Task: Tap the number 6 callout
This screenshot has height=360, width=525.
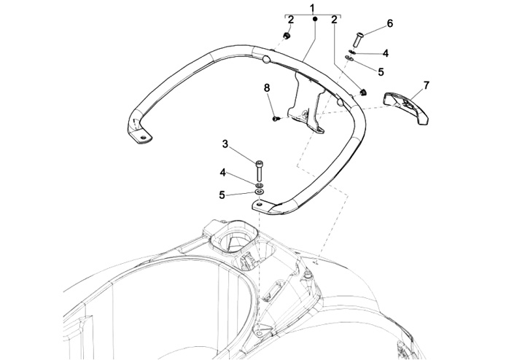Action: point(389,23)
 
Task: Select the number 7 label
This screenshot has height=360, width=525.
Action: point(426,85)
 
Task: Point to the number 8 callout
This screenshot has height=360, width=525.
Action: point(266,87)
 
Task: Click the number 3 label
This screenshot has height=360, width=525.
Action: point(226,144)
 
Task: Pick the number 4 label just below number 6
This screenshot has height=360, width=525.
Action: point(386,52)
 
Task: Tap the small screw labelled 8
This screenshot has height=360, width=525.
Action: point(275,117)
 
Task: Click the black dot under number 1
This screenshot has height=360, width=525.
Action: point(314,22)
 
